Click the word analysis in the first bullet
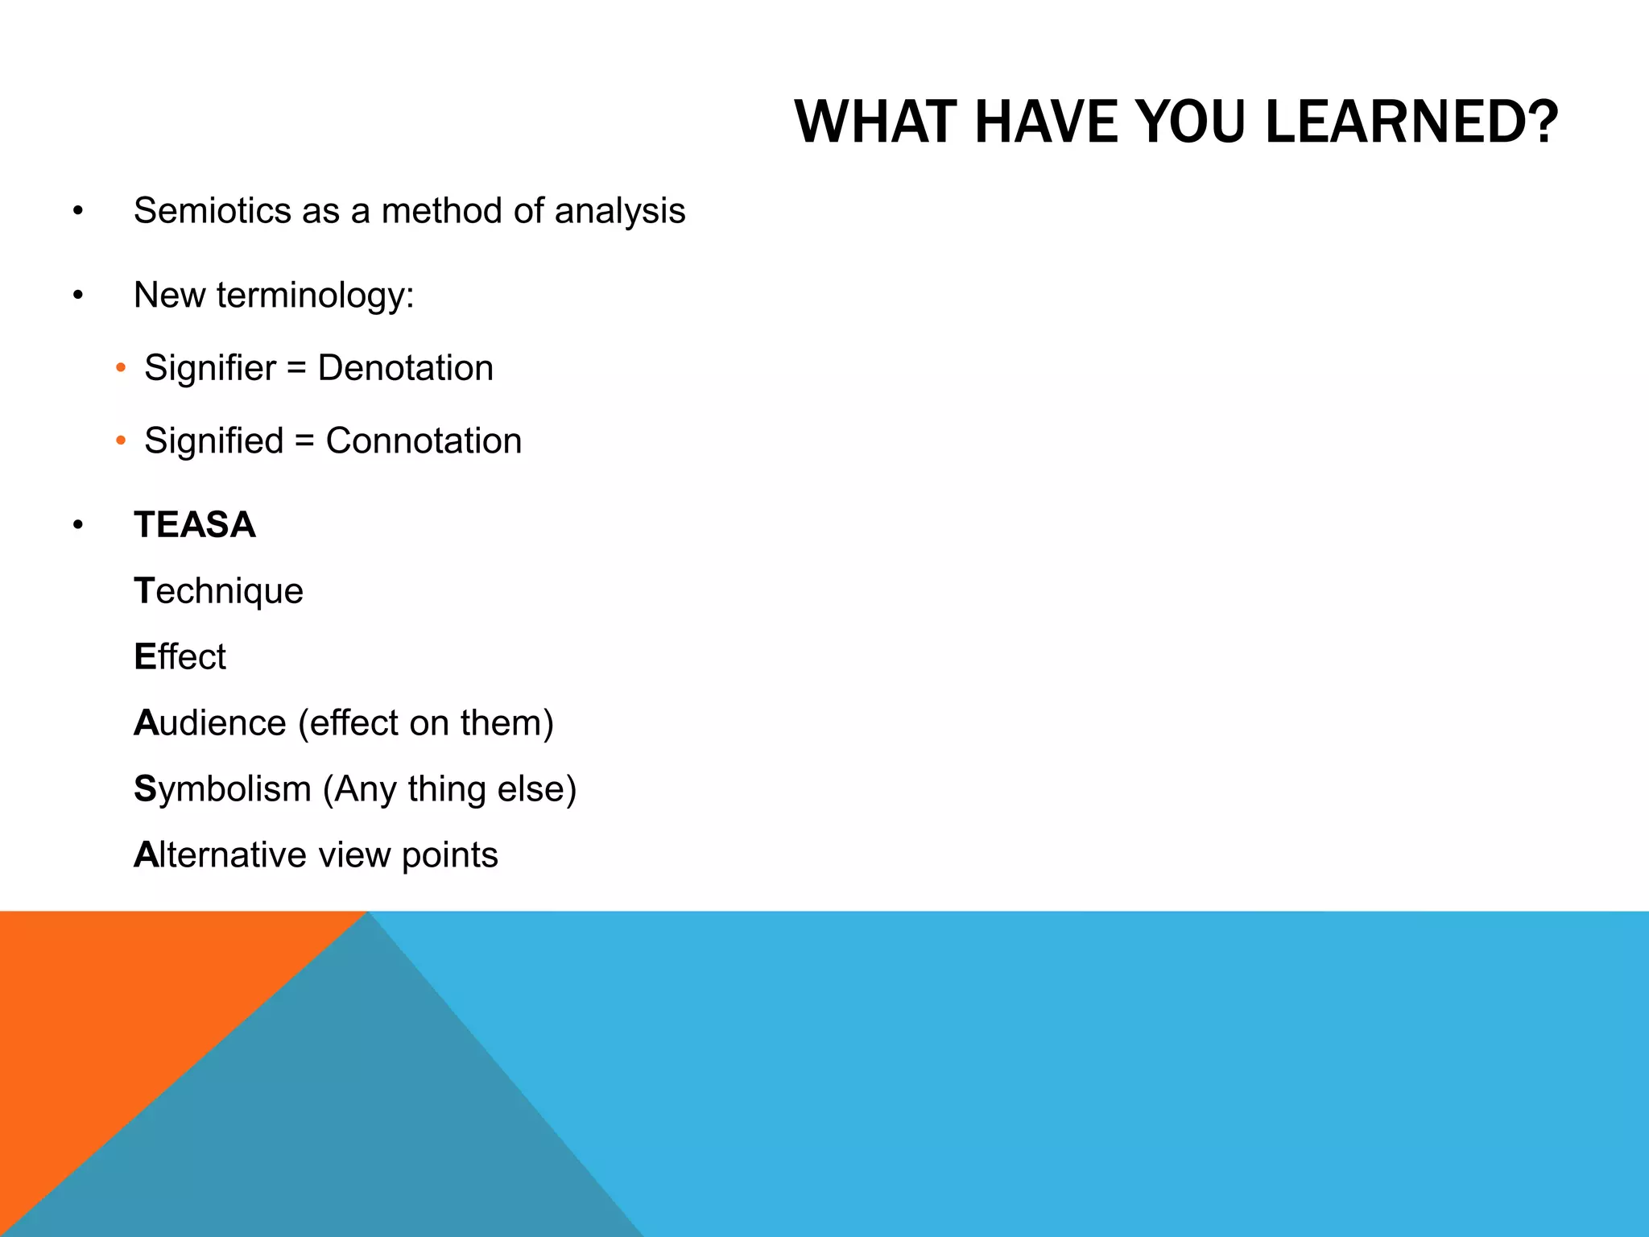619,211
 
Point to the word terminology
315,296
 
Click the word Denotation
405,368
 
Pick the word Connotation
424,441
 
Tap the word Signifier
210,368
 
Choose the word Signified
213,441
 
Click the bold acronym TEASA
195,525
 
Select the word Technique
219,591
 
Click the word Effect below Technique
180,657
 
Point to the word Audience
210,723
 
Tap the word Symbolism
222,789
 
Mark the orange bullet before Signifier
121,368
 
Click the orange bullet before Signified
121,441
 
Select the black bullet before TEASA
77,525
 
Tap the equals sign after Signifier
296,369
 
